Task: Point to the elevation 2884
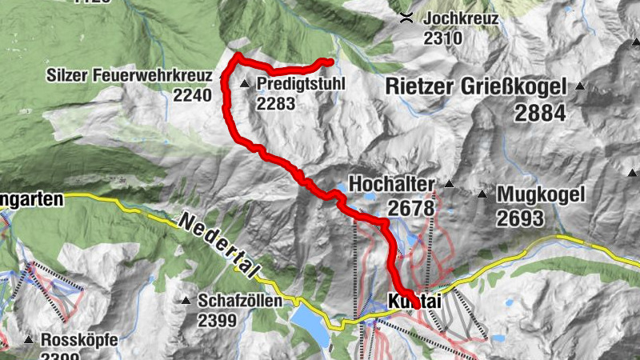tap(540, 113)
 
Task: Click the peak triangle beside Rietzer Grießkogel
tap(580, 86)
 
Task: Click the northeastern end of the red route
tap(328, 62)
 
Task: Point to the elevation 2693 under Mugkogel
tap(519, 218)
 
